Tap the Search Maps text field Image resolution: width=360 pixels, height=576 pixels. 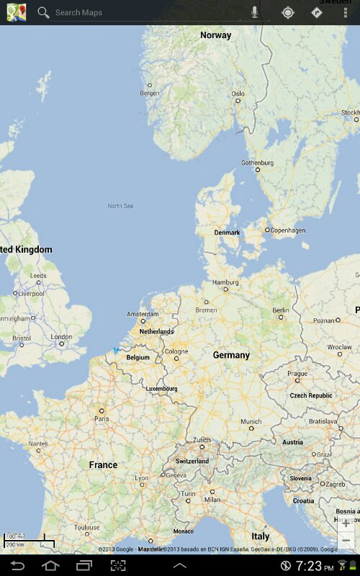(144, 12)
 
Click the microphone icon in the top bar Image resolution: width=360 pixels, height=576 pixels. (255, 12)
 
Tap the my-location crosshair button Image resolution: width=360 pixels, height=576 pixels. (287, 12)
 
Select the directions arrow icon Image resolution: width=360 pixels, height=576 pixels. (316, 12)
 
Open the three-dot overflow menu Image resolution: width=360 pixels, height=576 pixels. (346, 12)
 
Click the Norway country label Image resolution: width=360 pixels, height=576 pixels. (216, 35)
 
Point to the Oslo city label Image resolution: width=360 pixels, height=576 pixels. (238, 94)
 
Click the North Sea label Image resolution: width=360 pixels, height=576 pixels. (120, 206)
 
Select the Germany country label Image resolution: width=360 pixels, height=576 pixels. (231, 355)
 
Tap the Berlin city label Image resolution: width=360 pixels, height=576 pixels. (281, 310)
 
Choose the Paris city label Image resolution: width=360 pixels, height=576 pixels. (102, 418)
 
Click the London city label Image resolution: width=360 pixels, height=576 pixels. (61, 336)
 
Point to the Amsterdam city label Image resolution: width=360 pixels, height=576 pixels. (143, 314)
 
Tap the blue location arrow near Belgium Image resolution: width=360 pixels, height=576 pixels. (116, 351)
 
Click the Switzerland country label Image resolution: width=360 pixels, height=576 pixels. (192, 461)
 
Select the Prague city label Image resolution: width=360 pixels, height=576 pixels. (297, 374)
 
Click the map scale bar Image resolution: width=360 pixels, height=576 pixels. (29, 540)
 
